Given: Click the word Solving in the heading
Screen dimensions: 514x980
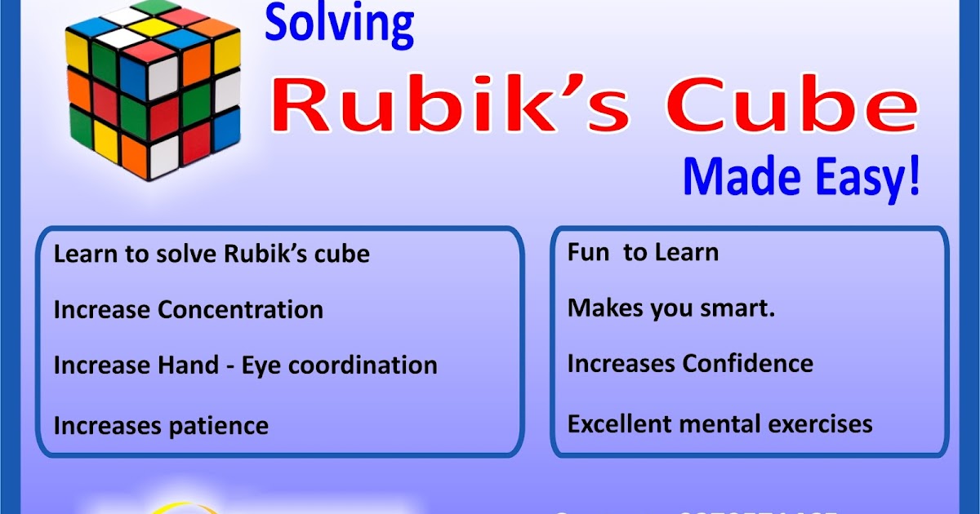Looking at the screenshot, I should click(x=339, y=24).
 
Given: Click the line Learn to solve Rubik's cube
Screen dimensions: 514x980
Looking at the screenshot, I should click(x=212, y=254).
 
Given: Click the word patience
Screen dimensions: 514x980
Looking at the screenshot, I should click(x=216, y=426).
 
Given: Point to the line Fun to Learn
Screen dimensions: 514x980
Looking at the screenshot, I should click(x=643, y=252).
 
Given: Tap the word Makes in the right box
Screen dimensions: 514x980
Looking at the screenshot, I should click(x=603, y=308).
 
